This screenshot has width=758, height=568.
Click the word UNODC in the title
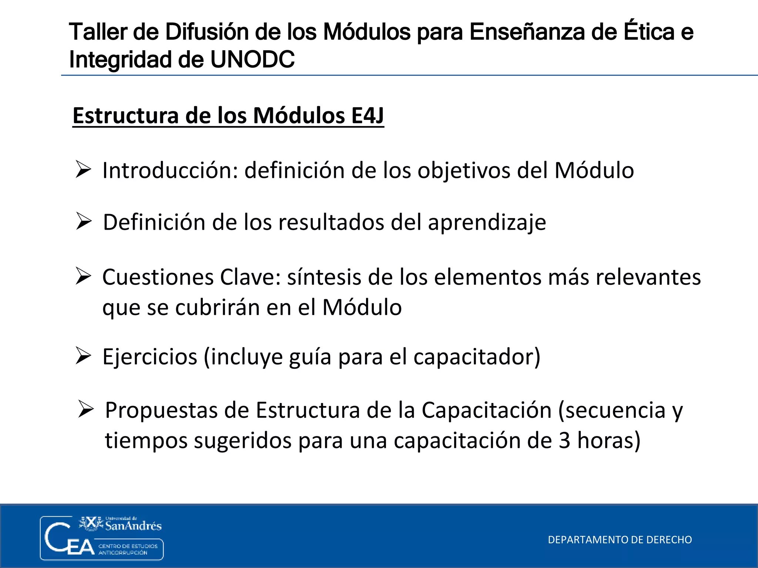[252, 60]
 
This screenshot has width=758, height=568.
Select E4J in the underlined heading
[367, 115]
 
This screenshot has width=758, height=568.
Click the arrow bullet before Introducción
[83, 169]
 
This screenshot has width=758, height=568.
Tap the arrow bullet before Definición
[84, 221]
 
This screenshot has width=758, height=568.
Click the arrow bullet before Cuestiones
[83, 276]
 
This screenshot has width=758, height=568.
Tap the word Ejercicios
[150, 357]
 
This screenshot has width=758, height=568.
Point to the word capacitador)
[477, 357]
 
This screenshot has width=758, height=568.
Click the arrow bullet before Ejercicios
[83, 356]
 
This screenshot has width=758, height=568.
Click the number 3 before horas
[564, 440]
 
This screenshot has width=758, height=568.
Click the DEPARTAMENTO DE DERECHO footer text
[620, 540]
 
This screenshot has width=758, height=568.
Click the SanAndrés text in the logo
[133, 526]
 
